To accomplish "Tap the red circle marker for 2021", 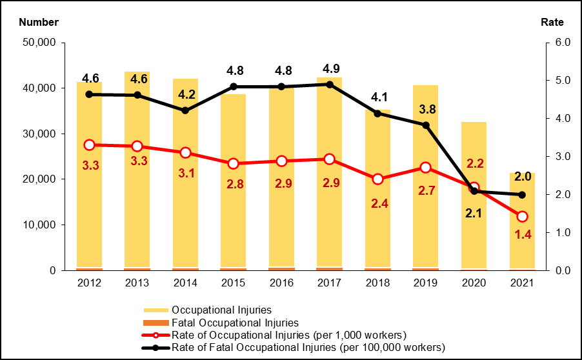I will click(522, 217).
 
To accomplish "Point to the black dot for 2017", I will click(330, 85).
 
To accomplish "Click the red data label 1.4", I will click(522, 235).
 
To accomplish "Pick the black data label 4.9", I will click(330, 68).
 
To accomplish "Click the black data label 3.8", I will click(426, 109).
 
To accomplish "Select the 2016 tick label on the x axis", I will click(281, 283).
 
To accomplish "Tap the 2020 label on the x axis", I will click(474, 283).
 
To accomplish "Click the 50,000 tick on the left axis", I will click(40, 43).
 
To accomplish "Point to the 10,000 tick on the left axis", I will click(40, 225).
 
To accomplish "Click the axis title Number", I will click(39, 22).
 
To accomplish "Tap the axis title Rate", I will click(552, 22).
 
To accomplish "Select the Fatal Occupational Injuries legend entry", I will click(235, 323).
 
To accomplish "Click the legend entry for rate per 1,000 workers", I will click(289, 335).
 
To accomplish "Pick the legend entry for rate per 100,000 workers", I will click(308, 347).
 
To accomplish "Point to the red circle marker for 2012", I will click(89, 145).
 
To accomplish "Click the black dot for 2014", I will click(185, 110).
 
